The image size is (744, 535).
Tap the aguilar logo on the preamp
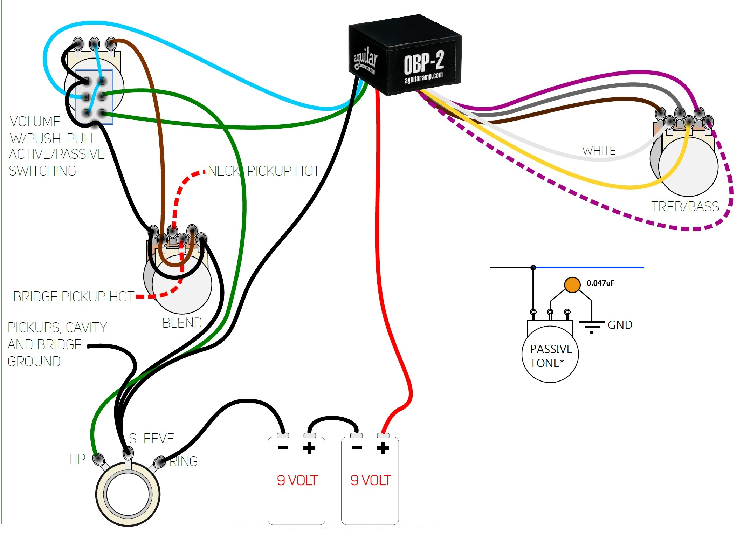365,60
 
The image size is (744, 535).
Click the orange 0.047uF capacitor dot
572,284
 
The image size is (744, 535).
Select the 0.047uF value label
600,283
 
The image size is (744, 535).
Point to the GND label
620,325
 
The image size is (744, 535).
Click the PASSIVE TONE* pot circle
550,354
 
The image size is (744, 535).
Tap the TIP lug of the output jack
98,459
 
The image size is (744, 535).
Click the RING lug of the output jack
160,461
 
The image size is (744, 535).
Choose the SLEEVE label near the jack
151,439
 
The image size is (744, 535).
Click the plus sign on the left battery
309,448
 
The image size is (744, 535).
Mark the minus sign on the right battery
357,447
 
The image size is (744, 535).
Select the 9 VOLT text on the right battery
371,480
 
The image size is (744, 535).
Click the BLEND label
182,323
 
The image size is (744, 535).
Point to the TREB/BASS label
685,207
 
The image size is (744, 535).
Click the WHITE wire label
599,151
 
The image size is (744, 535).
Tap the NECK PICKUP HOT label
264,171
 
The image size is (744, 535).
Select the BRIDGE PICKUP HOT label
74,297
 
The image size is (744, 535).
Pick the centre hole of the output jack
128,494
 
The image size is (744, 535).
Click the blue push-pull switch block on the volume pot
94,97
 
